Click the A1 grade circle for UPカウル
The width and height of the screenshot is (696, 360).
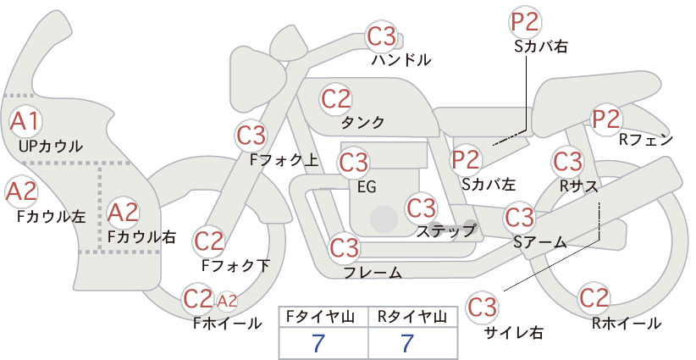click(24, 121)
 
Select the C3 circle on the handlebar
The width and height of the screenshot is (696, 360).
click(381, 36)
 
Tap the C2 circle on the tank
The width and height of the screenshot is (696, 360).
click(335, 98)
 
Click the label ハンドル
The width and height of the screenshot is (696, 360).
click(401, 60)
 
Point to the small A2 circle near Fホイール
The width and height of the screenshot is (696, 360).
click(227, 300)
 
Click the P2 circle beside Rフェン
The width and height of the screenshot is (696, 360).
click(606, 119)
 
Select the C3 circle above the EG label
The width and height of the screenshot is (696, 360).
click(353, 160)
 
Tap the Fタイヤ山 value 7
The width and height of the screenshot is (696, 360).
click(318, 343)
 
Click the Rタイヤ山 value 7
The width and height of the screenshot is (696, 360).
click(407, 343)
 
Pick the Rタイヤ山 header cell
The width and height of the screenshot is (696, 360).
click(407, 317)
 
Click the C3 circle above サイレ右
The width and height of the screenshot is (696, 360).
click(483, 306)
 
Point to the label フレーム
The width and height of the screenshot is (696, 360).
click(373, 272)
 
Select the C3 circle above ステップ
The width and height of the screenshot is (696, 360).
click(421, 207)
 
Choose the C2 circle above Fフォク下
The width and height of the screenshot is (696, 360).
click(208, 241)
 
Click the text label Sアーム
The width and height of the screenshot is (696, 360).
click(539, 242)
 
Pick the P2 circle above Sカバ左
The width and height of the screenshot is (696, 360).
click(467, 158)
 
